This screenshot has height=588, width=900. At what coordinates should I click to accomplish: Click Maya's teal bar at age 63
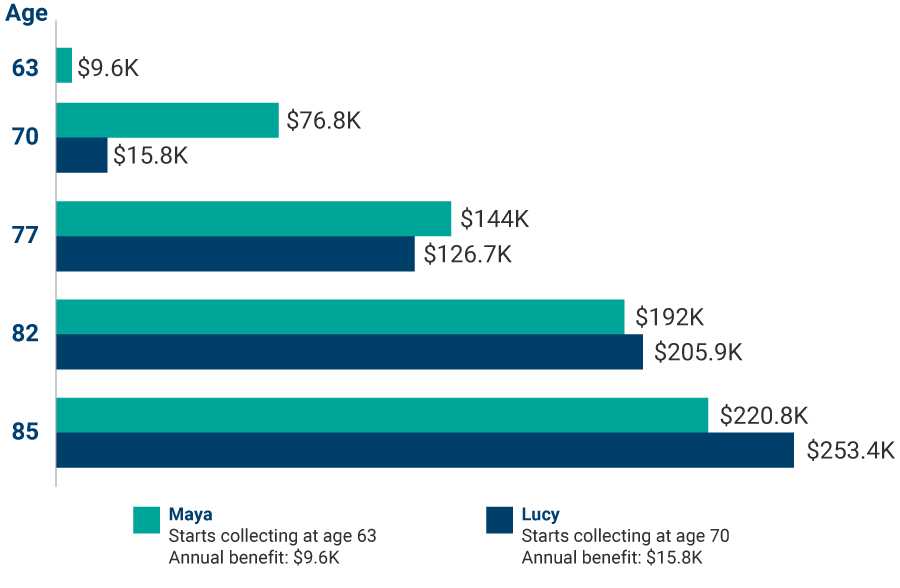click(64, 66)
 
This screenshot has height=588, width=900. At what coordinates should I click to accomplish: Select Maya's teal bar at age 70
click(167, 120)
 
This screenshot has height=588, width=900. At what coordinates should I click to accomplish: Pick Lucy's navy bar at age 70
click(82, 155)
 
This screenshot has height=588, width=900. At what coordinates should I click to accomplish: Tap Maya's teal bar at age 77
click(254, 218)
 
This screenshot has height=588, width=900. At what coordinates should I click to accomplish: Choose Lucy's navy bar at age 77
click(235, 254)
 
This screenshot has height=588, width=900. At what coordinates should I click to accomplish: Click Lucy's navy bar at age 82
click(349, 352)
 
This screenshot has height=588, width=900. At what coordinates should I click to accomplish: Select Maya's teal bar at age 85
click(382, 414)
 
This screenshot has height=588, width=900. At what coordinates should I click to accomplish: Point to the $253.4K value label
click(850, 450)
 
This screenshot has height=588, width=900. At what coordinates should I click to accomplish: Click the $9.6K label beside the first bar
click(107, 67)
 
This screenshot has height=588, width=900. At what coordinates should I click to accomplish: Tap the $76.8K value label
click(323, 121)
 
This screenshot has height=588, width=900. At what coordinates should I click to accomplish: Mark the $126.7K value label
click(467, 254)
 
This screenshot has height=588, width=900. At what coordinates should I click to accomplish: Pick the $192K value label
click(670, 317)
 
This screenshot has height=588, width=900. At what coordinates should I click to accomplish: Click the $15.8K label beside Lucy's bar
click(150, 155)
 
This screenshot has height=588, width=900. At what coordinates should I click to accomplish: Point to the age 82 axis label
click(25, 334)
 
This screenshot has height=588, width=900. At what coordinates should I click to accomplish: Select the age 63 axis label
click(25, 68)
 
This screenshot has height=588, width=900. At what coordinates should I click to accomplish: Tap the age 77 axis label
click(25, 236)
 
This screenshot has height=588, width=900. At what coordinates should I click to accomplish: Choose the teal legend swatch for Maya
click(146, 521)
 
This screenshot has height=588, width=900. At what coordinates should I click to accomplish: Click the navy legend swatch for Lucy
click(499, 521)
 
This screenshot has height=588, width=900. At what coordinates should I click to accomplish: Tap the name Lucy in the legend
click(540, 515)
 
